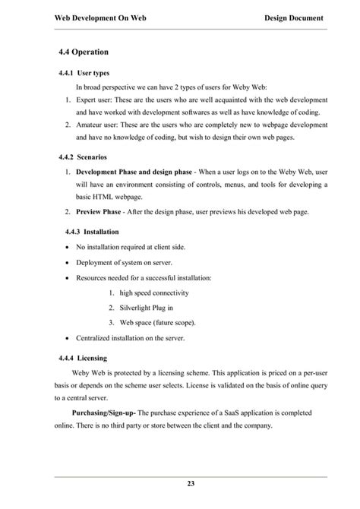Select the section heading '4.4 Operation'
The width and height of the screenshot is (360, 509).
84,52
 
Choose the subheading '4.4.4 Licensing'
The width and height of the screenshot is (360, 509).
83,357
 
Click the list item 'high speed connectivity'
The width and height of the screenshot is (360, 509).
154,292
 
